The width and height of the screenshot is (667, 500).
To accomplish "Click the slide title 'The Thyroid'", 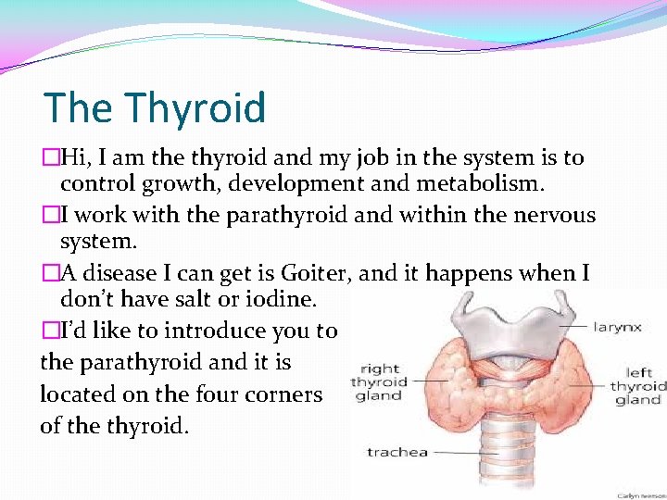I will coord(155,107).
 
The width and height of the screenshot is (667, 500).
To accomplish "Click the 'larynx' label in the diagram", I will coord(618,327).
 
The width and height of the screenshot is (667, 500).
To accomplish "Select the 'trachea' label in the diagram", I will coord(396,452).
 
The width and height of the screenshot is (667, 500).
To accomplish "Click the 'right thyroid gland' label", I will coord(378,381).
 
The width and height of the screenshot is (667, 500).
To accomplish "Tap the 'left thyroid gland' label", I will coord(637,385).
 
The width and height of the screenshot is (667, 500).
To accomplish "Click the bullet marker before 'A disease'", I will coord(48,273).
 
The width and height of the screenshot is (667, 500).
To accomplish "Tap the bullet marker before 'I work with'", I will coord(48,216).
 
